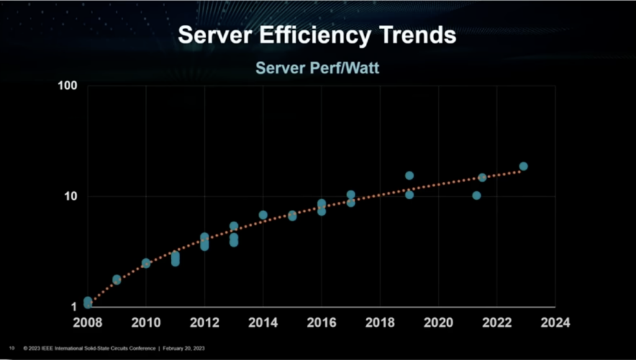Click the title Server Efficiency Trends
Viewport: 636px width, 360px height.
click(317, 35)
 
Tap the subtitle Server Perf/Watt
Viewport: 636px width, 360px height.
click(317, 68)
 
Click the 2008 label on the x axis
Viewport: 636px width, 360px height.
click(88, 322)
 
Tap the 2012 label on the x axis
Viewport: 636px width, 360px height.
click(204, 322)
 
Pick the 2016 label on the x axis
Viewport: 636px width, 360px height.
click(322, 322)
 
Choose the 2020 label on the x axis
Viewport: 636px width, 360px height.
click(438, 322)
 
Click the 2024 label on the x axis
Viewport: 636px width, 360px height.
click(555, 322)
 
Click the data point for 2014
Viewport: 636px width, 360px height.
click(263, 215)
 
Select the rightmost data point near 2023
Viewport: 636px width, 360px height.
click(524, 166)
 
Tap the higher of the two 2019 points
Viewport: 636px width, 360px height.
click(409, 176)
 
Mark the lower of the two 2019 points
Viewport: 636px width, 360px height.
click(409, 195)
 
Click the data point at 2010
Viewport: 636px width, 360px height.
click(146, 263)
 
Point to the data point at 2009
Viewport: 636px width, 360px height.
click(117, 279)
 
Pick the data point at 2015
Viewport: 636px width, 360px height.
click(293, 216)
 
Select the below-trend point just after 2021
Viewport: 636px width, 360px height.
click(476, 196)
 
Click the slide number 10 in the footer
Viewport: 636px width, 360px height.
click(11, 348)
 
